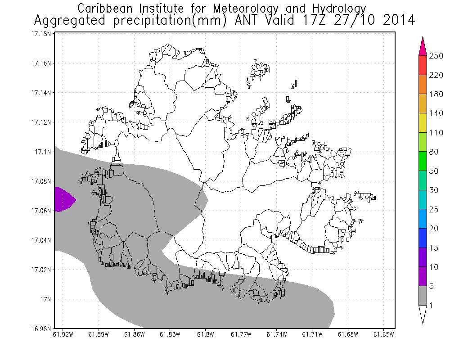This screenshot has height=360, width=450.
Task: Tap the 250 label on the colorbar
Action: tap(436, 56)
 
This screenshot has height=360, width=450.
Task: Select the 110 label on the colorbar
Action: tap(436, 133)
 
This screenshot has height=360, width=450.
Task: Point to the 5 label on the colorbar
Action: tap(434, 286)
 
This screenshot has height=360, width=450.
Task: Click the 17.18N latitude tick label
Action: tap(40, 34)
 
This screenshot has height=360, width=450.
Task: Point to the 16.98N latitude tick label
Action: tap(40, 328)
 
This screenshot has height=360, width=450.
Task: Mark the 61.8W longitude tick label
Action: tap(205, 334)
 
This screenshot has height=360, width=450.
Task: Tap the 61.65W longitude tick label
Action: tap(383, 334)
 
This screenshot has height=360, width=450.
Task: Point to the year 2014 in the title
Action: tap(398, 20)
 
